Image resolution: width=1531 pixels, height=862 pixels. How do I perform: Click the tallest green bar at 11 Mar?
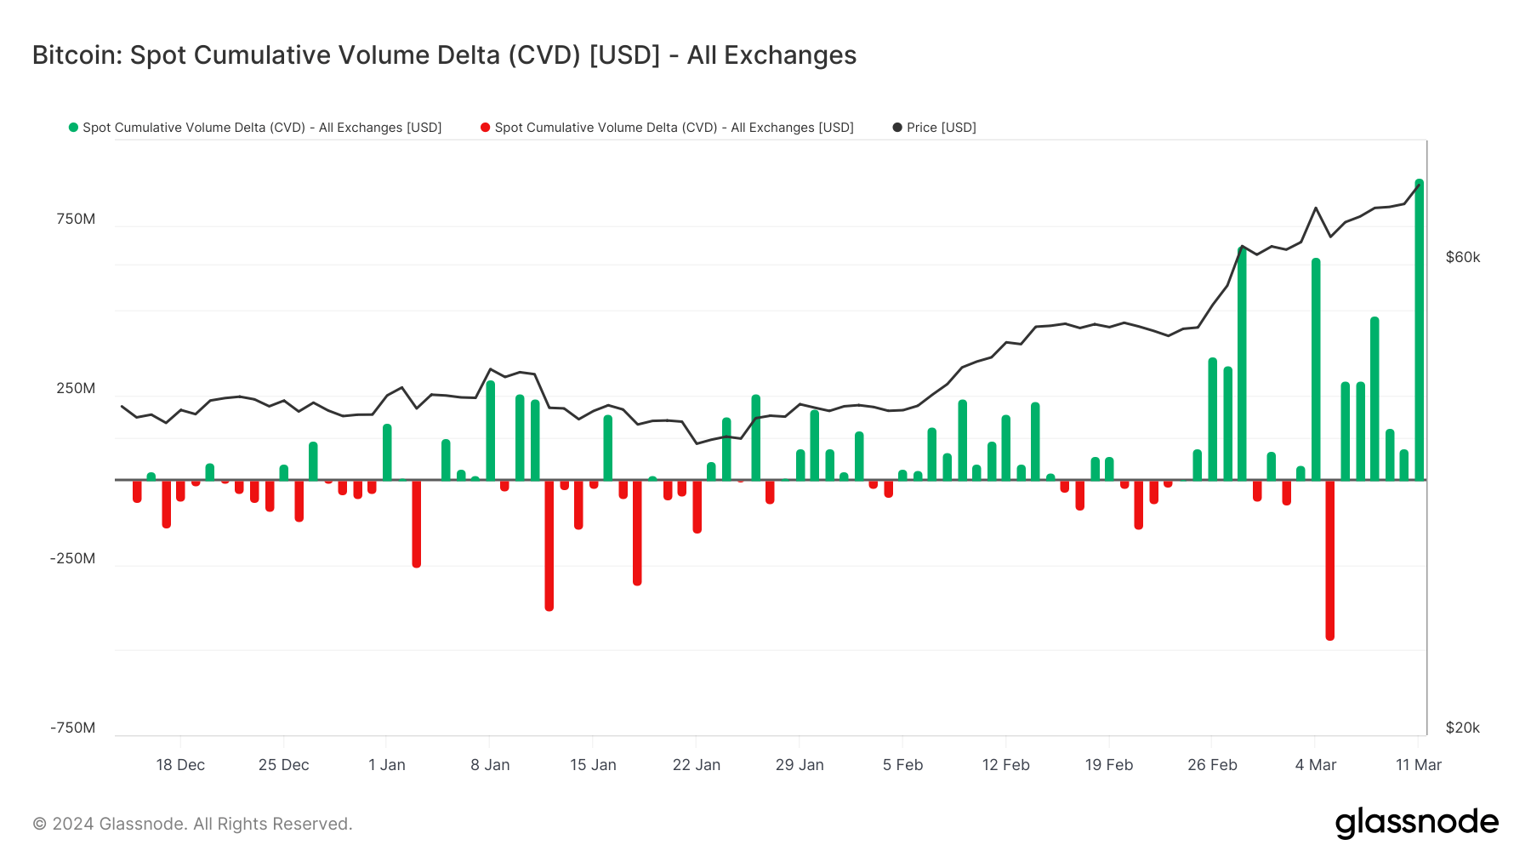point(1419,332)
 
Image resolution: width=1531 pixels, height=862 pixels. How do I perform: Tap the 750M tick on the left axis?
point(76,220)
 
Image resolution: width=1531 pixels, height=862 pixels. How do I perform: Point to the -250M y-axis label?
point(72,559)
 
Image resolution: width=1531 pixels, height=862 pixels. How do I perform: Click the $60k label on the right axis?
point(1463,258)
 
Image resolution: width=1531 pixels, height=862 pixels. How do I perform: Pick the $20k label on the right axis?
point(1463,728)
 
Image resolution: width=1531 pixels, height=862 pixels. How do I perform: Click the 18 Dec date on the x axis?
point(180,765)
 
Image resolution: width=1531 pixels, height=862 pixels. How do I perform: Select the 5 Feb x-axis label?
point(902,765)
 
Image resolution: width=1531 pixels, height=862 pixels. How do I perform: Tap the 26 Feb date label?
point(1212,765)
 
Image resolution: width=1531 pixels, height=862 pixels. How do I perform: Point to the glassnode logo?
point(1416,823)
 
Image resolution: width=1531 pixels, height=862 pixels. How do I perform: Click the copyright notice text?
point(192,824)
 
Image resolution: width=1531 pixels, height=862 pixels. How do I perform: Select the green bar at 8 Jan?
point(491,431)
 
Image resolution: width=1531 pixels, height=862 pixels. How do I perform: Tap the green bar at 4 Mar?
point(1316,370)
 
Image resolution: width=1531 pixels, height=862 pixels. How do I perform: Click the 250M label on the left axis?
point(76,389)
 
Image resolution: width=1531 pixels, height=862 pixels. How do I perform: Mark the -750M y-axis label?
point(72,728)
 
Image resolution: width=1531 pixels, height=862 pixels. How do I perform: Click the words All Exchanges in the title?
point(771,55)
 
